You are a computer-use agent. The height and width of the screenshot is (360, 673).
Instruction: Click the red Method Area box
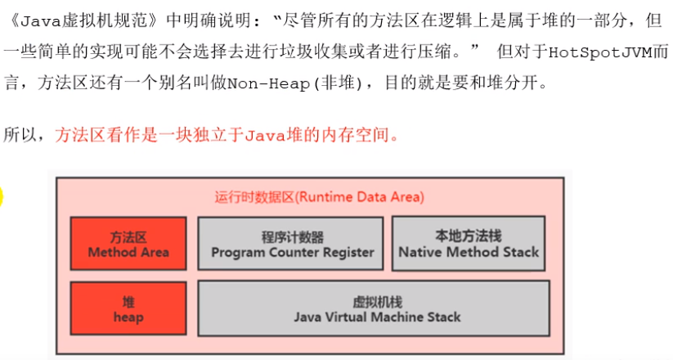(x=128, y=244)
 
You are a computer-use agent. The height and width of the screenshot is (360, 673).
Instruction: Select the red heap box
(x=128, y=308)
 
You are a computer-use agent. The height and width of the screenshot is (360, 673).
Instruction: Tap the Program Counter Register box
(x=290, y=244)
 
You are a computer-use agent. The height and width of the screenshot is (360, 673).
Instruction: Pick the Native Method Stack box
(x=469, y=244)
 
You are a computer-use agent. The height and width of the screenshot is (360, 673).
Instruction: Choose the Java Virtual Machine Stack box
(x=374, y=308)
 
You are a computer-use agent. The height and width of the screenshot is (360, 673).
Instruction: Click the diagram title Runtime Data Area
(x=320, y=197)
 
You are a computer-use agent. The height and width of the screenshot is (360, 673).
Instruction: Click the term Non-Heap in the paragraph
(x=268, y=83)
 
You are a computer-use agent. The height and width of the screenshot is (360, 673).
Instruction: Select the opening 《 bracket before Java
(x=13, y=21)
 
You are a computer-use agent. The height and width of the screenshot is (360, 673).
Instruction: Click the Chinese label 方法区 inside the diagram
(x=128, y=236)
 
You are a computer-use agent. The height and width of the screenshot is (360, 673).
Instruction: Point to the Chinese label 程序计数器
(x=292, y=236)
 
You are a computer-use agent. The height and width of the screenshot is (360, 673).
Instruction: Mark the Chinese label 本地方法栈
(x=469, y=236)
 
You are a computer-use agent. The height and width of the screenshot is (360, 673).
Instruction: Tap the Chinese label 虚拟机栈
(x=377, y=303)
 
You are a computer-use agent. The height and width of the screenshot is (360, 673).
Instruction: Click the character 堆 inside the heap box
(x=128, y=302)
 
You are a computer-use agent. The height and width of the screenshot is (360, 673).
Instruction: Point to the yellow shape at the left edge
(x=2, y=198)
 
